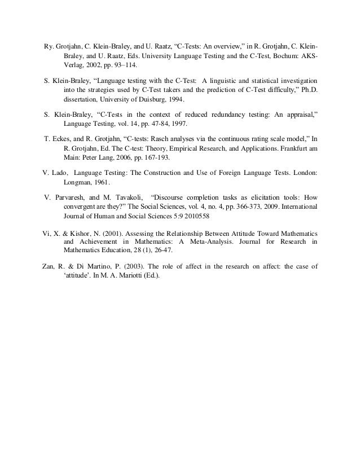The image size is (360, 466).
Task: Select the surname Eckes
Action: pyautogui.click(x=64, y=139)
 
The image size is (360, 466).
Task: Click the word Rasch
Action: pyautogui.click(x=168, y=139)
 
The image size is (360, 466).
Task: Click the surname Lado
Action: pyautogui.click(x=59, y=173)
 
